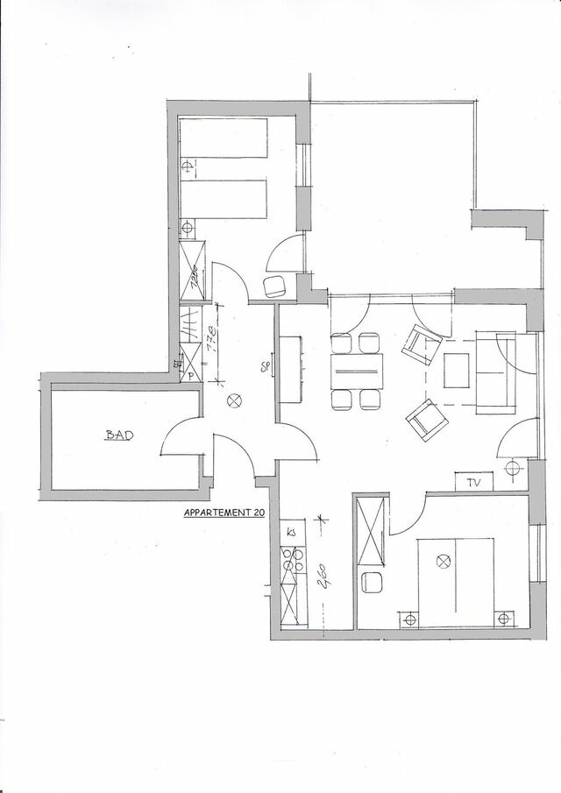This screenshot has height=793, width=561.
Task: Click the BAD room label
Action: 118,435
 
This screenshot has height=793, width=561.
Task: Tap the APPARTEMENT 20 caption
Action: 224,514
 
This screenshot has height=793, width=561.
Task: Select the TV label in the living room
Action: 474,481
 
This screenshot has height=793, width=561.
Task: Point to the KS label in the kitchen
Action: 290,532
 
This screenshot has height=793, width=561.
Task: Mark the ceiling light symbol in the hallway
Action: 234,400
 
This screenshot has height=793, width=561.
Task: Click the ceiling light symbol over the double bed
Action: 443,560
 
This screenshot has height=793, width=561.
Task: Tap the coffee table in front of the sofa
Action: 458,370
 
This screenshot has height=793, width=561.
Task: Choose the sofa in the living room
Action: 496,372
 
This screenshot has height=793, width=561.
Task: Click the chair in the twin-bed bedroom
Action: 276,285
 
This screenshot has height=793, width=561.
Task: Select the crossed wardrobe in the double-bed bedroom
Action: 372,531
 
